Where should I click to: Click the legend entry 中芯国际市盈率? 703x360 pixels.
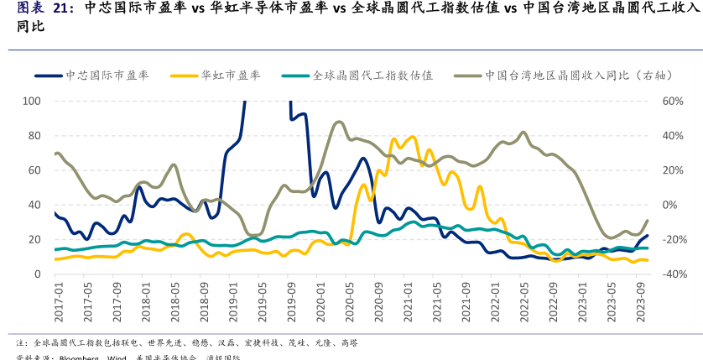tap(107, 75)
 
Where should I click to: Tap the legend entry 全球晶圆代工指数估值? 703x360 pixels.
tap(372, 75)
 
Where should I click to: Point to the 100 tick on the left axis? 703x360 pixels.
tap(32, 101)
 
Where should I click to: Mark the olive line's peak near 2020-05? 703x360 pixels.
tap(338, 122)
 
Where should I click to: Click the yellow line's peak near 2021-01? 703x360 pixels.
tap(412, 136)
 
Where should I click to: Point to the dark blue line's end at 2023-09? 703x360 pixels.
tap(647, 236)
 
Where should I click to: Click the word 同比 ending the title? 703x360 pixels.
tap(19, 27)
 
